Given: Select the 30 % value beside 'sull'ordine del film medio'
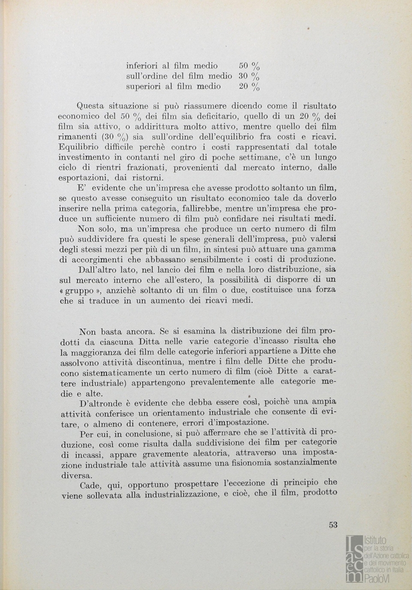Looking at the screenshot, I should [249, 76].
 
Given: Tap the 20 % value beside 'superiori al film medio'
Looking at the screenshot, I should [249, 87].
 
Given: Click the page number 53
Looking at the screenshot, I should [333, 525].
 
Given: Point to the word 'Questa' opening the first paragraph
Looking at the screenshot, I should [91, 105].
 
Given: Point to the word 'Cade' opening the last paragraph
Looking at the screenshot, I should [90, 486].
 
